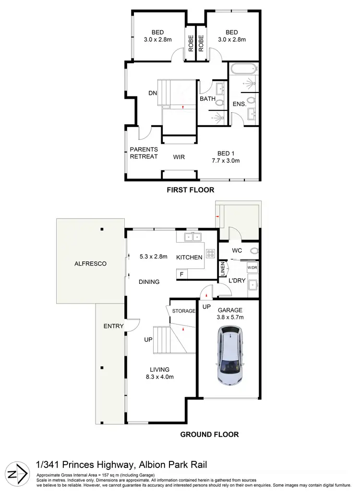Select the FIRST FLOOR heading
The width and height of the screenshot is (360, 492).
pos(190,190)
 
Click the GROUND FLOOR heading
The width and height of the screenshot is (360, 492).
pos(209,435)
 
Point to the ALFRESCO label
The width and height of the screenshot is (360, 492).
pos(90,264)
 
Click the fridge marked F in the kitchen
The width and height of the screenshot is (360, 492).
pos(181,274)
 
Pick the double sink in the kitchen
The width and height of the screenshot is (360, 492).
pos(193,236)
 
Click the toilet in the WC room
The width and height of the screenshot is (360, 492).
pos(253,251)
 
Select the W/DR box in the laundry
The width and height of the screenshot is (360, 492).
pos(252,267)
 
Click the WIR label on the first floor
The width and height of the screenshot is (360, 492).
pos(179,157)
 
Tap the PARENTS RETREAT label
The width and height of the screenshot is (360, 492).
pos(144,153)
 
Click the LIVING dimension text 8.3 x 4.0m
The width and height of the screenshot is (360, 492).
pos(159,376)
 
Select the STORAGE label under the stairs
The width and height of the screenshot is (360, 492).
pos(183,311)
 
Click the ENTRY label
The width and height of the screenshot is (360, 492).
pos(114,326)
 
